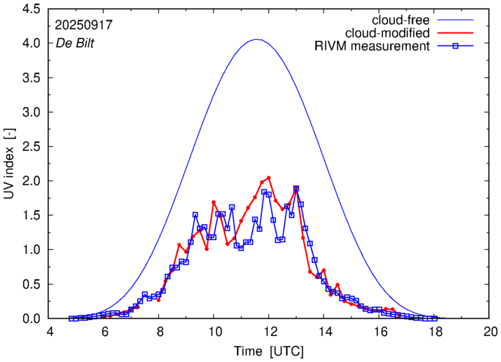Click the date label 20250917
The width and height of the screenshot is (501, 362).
point(83,25)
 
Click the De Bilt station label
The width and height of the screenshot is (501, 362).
point(76,43)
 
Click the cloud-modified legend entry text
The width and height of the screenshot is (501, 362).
point(388,33)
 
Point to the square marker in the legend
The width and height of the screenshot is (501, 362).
point(456,47)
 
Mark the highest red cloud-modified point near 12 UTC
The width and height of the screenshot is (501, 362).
point(269,177)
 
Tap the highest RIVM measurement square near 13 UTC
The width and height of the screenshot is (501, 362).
point(296,189)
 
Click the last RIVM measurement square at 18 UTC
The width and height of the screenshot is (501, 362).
point(435,318)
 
